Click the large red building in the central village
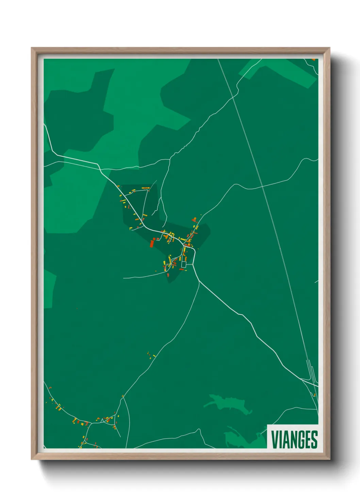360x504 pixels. (152, 243)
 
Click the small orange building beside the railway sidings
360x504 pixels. (315, 395)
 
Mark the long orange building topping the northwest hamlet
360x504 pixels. (146, 188)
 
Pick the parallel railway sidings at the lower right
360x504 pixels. (310, 371)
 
